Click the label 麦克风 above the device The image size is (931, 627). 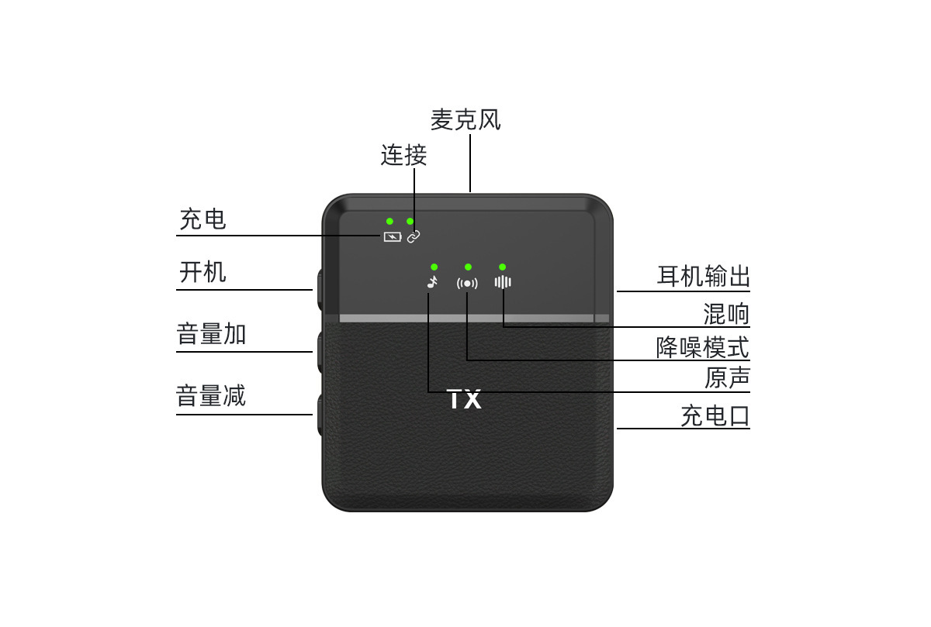coord(465,120)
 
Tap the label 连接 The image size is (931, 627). coord(403,155)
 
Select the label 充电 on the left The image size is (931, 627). coord(202,219)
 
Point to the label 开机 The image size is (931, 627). coord(202,273)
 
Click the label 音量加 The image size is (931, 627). coord(211,335)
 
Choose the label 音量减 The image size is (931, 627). coord(211,396)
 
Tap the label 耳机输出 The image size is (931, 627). coord(703,277)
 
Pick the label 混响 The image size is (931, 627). coord(726,314)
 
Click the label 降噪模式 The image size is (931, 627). coord(703,346)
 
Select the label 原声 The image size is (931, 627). coord(726,378)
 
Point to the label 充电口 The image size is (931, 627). coord(715,416)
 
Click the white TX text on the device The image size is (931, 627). coord(465,400)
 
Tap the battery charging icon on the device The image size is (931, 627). coord(392,236)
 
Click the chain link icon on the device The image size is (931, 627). coord(414,236)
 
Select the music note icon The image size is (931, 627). coord(432,282)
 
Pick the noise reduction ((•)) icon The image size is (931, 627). coord(467,283)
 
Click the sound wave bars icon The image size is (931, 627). coord(503,282)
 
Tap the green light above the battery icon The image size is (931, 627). coord(389,222)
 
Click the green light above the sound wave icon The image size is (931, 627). coord(503,267)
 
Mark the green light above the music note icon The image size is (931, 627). coord(434,267)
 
